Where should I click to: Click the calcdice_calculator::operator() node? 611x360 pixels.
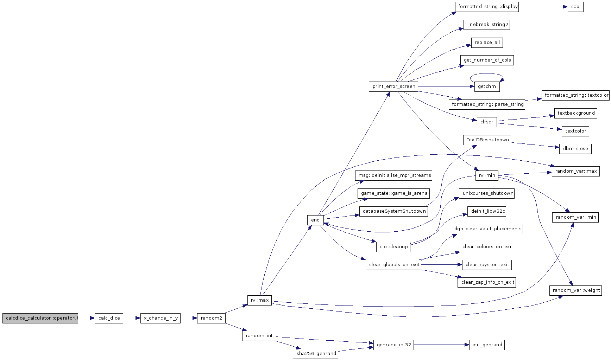(40, 318)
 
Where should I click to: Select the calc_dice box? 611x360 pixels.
(109, 318)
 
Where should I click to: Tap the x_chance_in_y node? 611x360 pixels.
(160, 318)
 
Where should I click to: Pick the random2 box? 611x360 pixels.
(211, 318)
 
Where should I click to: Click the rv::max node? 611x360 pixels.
(259, 300)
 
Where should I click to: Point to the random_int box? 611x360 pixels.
(259, 336)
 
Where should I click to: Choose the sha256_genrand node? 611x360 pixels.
(315, 354)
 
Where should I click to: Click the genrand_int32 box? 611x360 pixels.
(393, 345)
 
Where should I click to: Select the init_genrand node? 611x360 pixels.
(487, 345)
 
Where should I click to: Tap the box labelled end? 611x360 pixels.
(315, 220)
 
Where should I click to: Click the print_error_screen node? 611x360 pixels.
(393, 86)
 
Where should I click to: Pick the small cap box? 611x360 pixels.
(575, 7)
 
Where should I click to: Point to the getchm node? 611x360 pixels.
(487, 86)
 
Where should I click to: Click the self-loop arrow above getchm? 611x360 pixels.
(487, 74)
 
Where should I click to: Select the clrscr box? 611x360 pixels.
(487, 122)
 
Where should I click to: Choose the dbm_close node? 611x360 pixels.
(575, 149)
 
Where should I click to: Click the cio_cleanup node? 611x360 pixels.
(393, 247)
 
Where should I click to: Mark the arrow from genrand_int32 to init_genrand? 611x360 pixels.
(442, 345)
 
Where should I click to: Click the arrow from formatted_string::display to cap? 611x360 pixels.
(543, 7)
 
